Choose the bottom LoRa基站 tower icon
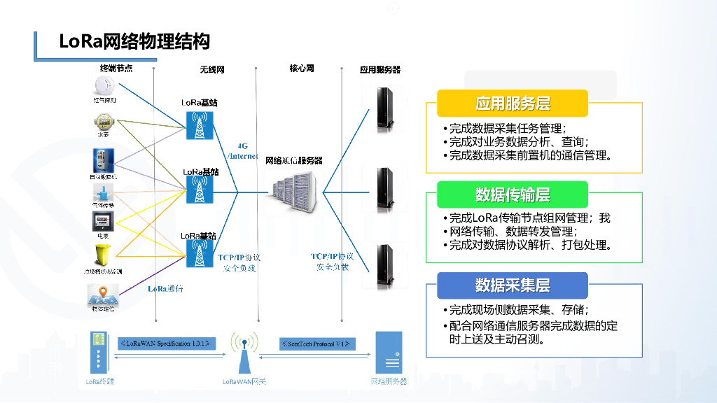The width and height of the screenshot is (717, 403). pos(200,254)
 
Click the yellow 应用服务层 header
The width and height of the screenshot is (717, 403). pos(513,104)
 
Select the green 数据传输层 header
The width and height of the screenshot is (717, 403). pos(513,195)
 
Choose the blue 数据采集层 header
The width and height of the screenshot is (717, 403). pos(513,285)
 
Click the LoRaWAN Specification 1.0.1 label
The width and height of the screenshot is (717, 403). pos(167,344)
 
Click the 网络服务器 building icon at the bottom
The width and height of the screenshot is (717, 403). pos(389,353)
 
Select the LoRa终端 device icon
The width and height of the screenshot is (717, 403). pos(99,353)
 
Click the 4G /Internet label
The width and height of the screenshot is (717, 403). pos(243,151)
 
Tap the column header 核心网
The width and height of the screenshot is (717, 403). pos(302,69)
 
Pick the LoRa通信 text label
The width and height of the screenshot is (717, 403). pos(165,289)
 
